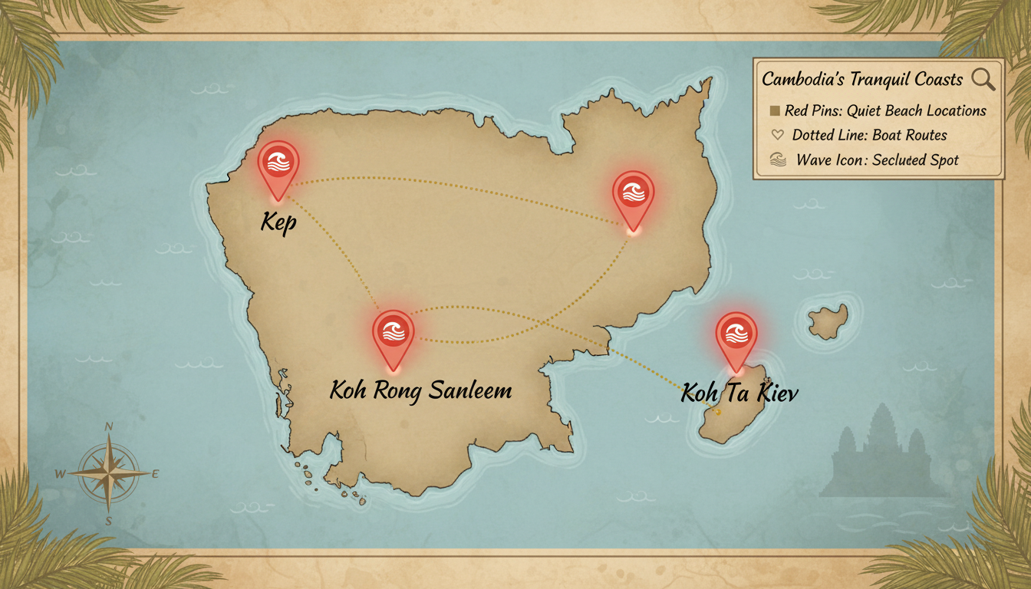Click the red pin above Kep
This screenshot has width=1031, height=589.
click(x=278, y=163)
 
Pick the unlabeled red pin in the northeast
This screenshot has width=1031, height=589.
click(x=633, y=193)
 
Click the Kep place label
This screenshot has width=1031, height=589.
click(x=278, y=223)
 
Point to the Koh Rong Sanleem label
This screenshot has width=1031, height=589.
click(x=420, y=390)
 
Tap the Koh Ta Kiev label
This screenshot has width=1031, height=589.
click(x=739, y=393)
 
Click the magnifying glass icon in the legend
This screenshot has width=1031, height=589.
click(x=983, y=78)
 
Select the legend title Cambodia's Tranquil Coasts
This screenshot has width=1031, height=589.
click(x=862, y=79)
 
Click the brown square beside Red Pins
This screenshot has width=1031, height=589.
click(x=774, y=110)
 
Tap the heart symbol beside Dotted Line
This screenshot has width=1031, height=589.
click(x=776, y=135)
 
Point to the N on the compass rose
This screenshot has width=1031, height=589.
click(x=109, y=427)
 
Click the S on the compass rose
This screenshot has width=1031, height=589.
click(x=109, y=522)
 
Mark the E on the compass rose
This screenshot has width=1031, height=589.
click(x=156, y=474)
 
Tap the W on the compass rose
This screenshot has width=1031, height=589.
click(x=61, y=474)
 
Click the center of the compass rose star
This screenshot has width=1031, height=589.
click(x=109, y=473)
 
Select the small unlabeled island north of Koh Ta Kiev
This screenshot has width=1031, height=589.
click(x=828, y=321)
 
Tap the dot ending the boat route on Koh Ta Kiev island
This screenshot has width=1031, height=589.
click(x=718, y=413)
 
